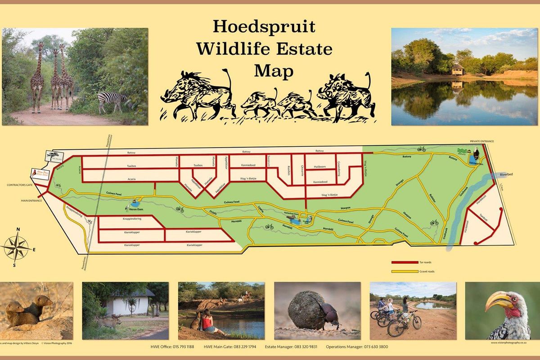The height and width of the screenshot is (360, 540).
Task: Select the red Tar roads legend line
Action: (405, 261)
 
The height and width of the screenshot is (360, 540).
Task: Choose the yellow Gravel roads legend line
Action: (405, 271)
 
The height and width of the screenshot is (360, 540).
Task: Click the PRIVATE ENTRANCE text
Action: (481, 141)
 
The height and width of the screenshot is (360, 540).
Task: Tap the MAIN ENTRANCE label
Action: (31, 201)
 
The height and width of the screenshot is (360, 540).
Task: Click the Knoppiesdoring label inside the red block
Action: (129, 219)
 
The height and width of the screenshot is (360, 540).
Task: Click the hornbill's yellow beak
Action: (498, 300)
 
